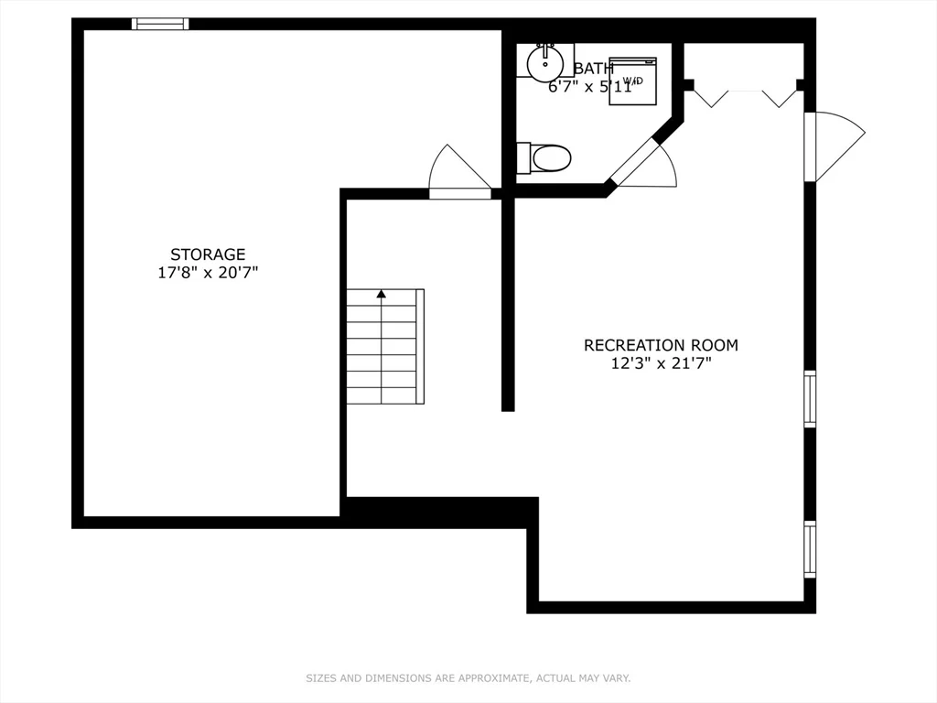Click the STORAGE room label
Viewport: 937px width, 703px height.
208,254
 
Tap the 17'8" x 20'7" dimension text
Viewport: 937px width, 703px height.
208,272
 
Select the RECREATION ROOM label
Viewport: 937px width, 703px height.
661,345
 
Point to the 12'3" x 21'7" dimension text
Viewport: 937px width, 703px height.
661,362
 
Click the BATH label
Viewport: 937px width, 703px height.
593,69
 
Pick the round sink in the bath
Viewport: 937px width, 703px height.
545,62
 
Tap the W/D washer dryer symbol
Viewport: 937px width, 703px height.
633,81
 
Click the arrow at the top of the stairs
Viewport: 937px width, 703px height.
381,295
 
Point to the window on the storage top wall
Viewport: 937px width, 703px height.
160,24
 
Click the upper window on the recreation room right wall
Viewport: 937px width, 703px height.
810,398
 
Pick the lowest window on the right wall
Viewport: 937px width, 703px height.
810,548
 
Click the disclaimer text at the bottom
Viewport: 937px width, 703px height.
468,678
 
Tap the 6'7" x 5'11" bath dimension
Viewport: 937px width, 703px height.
590,88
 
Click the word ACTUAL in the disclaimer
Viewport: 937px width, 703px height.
555,678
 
